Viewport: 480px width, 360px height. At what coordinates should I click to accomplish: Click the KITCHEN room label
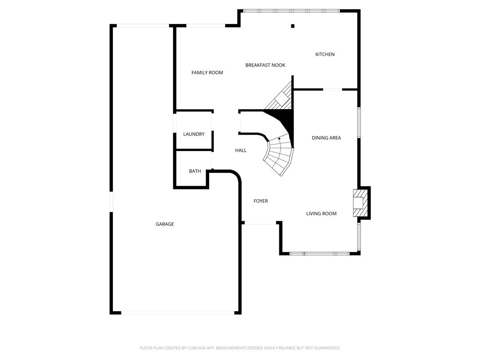(x=325, y=54)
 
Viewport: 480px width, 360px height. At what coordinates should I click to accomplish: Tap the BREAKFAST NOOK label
(x=265, y=65)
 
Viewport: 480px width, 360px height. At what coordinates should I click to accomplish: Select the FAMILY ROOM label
(x=207, y=73)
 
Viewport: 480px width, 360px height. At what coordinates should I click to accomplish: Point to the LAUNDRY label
(x=194, y=134)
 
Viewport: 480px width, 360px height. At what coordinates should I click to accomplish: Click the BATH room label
(x=195, y=171)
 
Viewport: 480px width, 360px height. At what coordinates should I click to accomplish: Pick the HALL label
(x=240, y=150)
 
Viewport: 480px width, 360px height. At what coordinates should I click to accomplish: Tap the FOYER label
(x=261, y=201)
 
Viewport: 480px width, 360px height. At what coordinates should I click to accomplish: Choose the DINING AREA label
(x=326, y=138)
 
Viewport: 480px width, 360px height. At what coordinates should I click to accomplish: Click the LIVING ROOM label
(x=322, y=214)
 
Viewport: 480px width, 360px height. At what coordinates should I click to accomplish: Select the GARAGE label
(x=165, y=224)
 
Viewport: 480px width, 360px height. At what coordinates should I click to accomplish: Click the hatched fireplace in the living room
(x=361, y=202)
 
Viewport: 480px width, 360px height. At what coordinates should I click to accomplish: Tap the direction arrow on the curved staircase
(x=279, y=138)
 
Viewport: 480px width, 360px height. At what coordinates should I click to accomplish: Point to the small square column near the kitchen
(x=292, y=26)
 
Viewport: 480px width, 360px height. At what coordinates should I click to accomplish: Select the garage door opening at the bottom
(x=178, y=312)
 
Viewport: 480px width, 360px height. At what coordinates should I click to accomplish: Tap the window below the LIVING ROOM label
(x=320, y=254)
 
